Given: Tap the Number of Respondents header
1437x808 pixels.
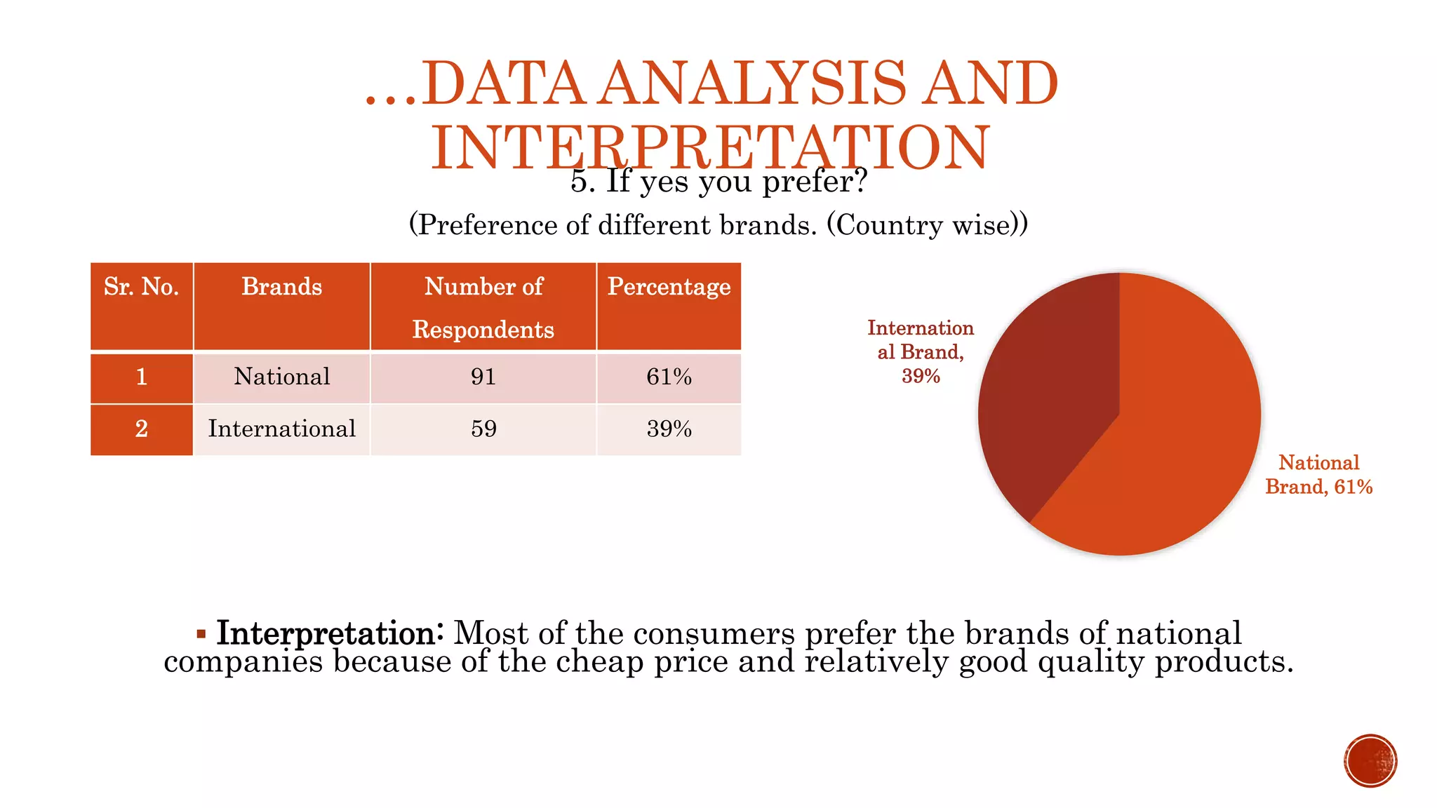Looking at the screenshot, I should [x=483, y=307].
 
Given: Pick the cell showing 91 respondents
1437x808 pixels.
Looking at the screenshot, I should [x=483, y=377].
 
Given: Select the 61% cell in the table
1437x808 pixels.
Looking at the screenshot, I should [x=669, y=377].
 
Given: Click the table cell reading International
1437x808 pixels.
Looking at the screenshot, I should [x=281, y=429].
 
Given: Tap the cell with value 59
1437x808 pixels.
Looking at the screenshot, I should [x=483, y=429].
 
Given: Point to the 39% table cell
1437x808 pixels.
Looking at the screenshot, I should [x=669, y=429].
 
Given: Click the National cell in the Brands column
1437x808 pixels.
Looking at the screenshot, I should [x=281, y=377].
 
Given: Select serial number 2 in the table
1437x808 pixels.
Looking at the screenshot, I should [x=141, y=429].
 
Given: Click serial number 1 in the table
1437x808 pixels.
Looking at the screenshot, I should [x=141, y=377].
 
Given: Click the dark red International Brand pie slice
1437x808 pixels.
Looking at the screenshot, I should [x=1045, y=393].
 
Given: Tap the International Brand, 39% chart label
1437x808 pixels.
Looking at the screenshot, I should [x=921, y=351].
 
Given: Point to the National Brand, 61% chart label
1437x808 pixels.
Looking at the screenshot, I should [x=1318, y=475].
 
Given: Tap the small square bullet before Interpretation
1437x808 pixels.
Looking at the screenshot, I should [x=201, y=635].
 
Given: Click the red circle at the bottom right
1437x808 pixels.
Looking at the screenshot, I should [x=1370, y=761].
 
